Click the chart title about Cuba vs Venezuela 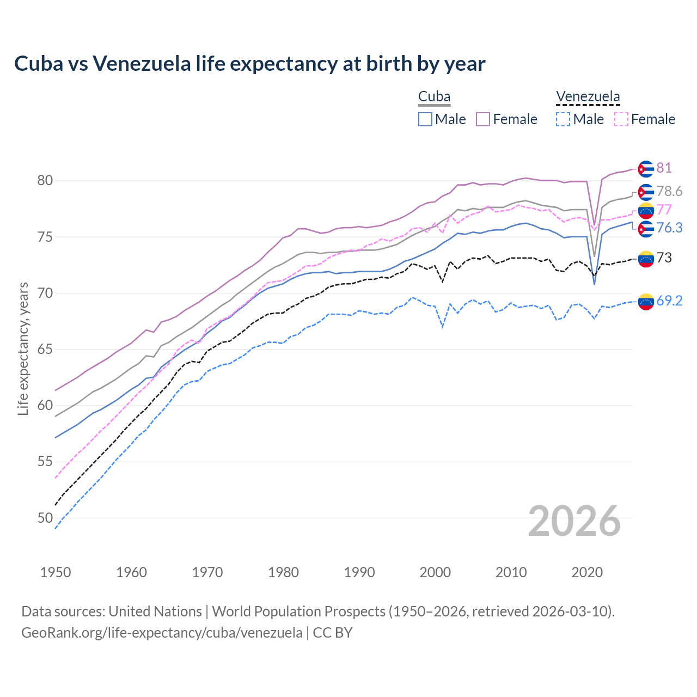[249, 64]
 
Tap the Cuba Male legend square [425, 119]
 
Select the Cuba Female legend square [483, 119]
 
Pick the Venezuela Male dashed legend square [563, 119]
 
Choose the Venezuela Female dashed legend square [621, 119]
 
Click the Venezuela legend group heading [588, 97]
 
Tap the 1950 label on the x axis [56, 572]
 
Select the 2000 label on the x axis [435, 572]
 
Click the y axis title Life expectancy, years [23, 348]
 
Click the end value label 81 [664, 168]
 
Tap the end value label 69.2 [669, 301]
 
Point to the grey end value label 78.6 [669, 191]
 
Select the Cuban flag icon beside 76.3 [646, 229]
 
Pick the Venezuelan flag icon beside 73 [646, 259]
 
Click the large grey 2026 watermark [574, 521]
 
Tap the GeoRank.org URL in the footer [162, 633]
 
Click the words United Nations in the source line [155, 612]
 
